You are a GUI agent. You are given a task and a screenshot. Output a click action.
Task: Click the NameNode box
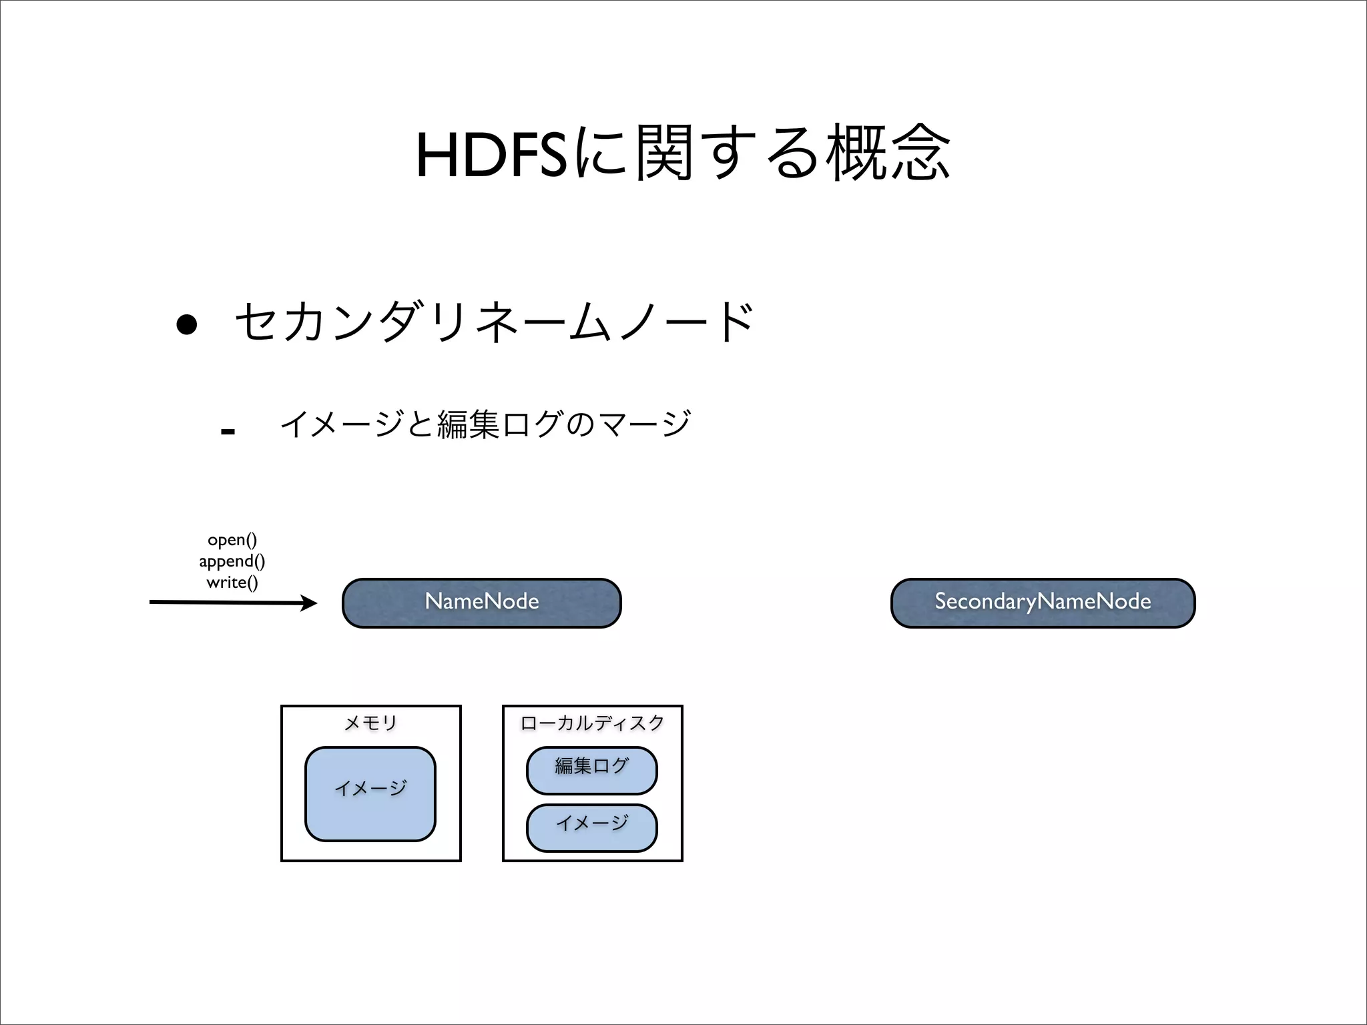(x=481, y=603)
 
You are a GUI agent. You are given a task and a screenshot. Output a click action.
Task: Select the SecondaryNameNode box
(x=1043, y=603)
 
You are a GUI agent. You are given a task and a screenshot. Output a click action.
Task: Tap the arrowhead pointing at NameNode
(x=309, y=603)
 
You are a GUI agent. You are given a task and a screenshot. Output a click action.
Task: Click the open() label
(x=232, y=539)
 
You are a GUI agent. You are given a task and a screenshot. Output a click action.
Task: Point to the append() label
(x=232, y=561)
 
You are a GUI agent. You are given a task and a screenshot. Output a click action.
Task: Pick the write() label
(x=232, y=582)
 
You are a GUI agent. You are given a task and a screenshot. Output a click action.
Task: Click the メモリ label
(x=370, y=723)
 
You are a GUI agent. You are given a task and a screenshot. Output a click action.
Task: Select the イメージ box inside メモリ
(x=370, y=793)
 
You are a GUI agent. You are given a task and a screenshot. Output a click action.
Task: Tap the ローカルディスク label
(x=592, y=723)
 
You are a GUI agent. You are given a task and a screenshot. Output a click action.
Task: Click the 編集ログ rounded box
(x=592, y=770)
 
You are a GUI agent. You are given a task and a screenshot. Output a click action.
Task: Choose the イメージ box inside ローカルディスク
(x=592, y=827)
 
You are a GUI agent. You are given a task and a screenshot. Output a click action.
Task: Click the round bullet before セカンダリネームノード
(x=186, y=324)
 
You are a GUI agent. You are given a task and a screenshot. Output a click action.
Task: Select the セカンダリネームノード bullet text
(x=495, y=322)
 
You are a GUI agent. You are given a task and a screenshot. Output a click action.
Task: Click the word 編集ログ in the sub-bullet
(x=499, y=424)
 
